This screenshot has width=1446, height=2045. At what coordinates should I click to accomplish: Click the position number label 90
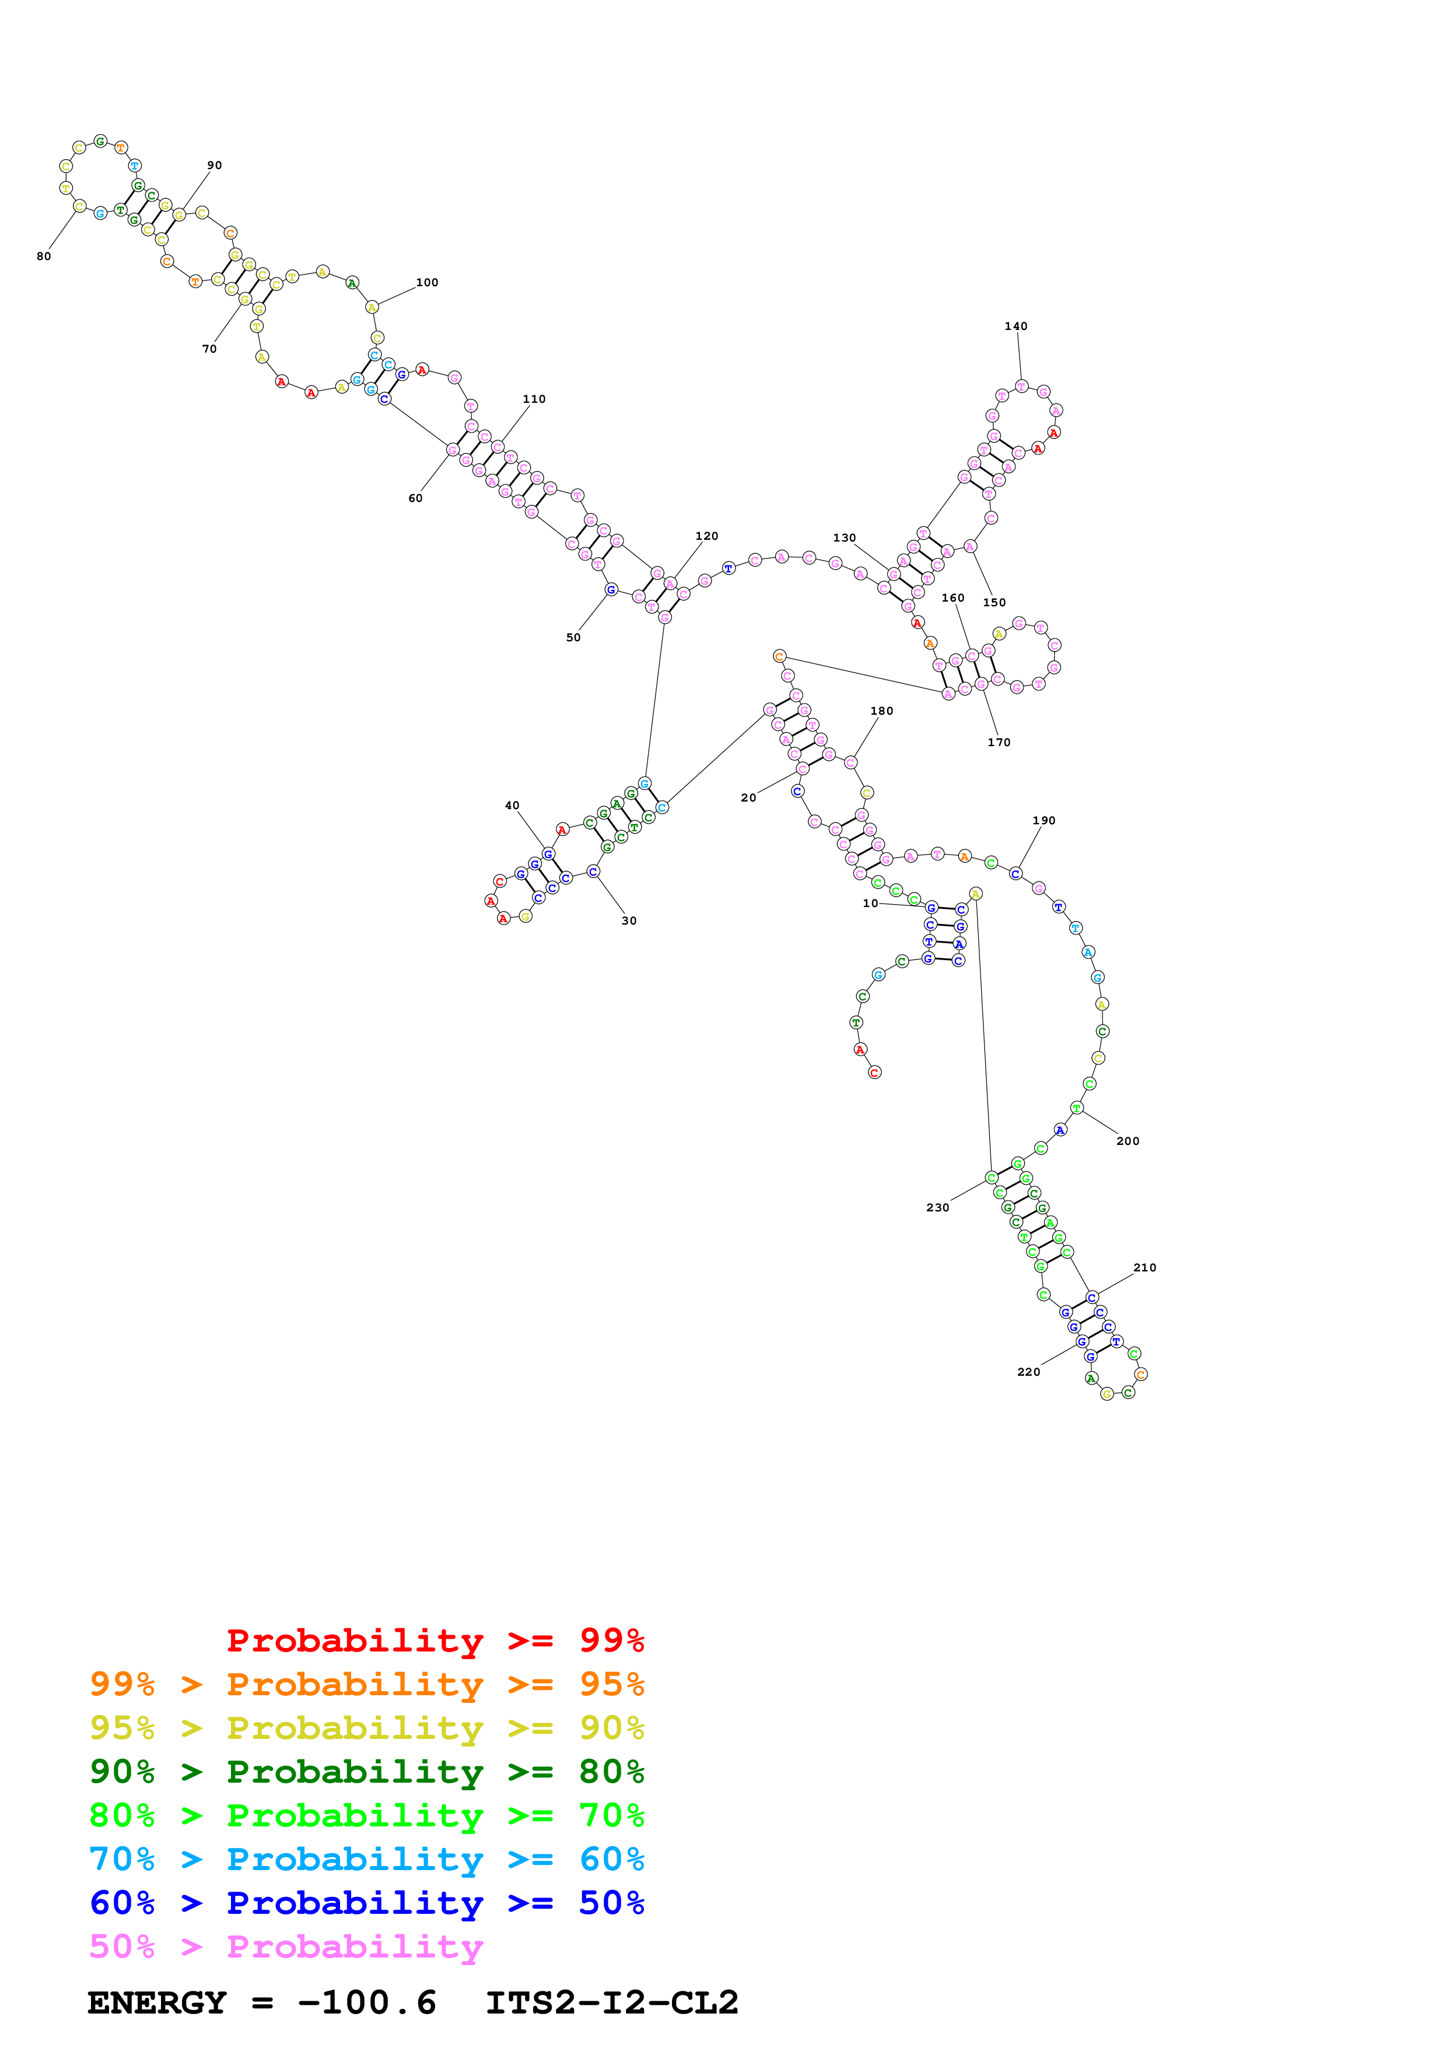pyautogui.click(x=215, y=166)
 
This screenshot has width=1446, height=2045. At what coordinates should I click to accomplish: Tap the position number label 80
pyautogui.click(x=44, y=256)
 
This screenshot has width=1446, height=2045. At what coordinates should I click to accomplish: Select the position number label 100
pyautogui.click(x=427, y=282)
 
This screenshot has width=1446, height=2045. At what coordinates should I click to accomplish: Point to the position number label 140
pyautogui.click(x=1016, y=326)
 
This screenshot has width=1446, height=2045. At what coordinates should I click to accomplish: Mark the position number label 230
pyautogui.click(x=937, y=1208)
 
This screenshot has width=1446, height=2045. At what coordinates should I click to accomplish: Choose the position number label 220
pyautogui.click(x=1028, y=1372)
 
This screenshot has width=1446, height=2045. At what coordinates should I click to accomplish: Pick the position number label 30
pyautogui.click(x=629, y=921)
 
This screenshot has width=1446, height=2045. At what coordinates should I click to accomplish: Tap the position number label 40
pyautogui.click(x=512, y=805)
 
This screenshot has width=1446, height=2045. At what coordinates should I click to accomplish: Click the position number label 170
pyautogui.click(x=999, y=742)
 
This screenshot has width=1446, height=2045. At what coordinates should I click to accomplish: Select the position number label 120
pyautogui.click(x=706, y=536)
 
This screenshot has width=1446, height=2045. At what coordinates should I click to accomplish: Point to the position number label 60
pyautogui.click(x=415, y=498)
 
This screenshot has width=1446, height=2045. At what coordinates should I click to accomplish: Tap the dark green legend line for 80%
pyautogui.click(x=366, y=1772)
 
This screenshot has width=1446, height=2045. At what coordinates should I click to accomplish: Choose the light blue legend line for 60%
pyautogui.click(x=366, y=1859)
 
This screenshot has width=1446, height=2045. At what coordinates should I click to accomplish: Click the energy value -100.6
pyautogui.click(x=366, y=2003)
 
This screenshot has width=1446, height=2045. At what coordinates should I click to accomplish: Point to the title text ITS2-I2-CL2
pyautogui.click(x=611, y=2003)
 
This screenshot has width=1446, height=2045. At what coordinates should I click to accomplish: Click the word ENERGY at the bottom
pyautogui.click(x=157, y=2003)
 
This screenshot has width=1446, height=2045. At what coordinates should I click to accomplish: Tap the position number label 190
pyautogui.click(x=1044, y=820)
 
